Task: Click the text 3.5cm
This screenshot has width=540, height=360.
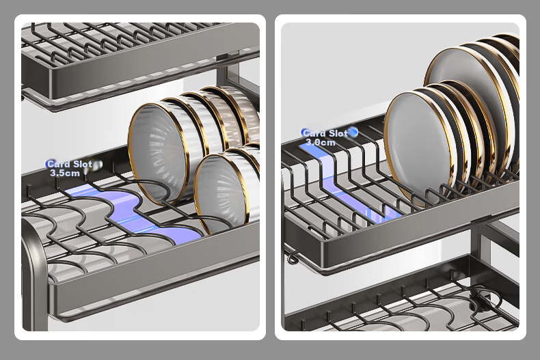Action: pos(65,173)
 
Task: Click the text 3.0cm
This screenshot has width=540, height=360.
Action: pos(321,142)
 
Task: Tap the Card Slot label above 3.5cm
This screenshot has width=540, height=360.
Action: pos(70,164)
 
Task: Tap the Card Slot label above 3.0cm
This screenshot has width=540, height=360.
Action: pos(325,133)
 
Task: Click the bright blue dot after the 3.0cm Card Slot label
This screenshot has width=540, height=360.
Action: pos(353,132)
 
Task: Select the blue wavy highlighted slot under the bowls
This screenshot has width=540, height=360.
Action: pos(134,213)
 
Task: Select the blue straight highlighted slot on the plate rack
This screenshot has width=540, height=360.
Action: pos(348,182)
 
